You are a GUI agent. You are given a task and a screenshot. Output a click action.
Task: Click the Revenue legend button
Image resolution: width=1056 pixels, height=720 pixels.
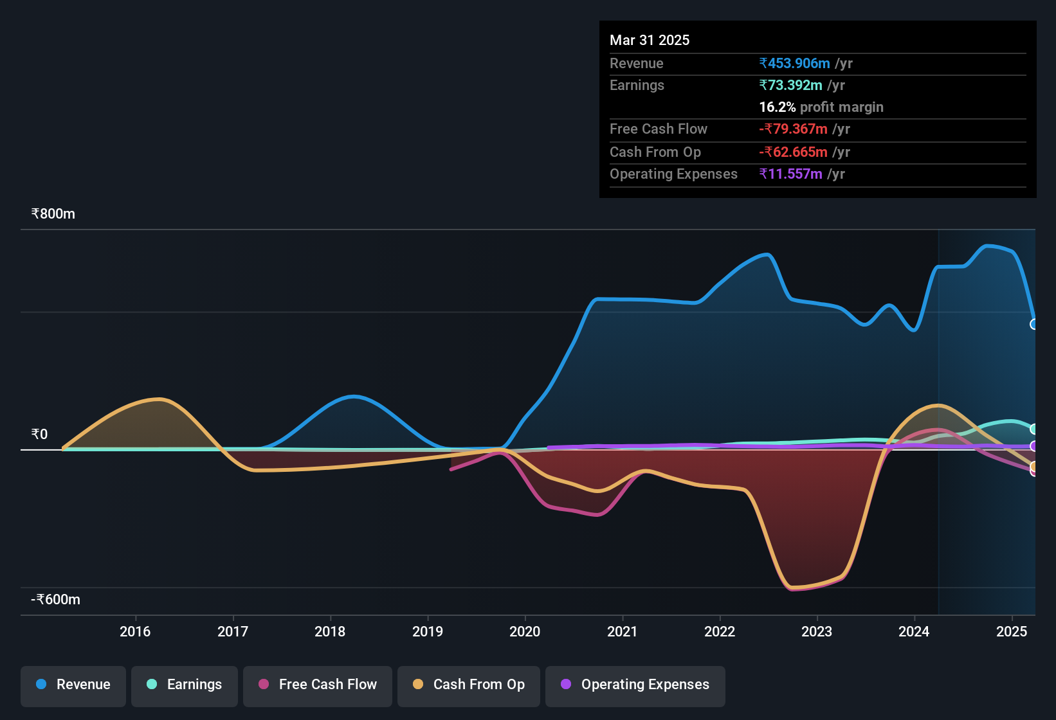(x=73, y=685)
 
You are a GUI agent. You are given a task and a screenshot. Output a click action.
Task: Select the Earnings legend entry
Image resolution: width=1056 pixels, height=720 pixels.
(x=185, y=685)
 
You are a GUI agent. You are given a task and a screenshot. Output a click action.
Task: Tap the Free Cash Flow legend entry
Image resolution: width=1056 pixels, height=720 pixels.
(x=318, y=685)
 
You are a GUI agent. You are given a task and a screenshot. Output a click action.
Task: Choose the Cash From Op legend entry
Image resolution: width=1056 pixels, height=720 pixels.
(x=469, y=685)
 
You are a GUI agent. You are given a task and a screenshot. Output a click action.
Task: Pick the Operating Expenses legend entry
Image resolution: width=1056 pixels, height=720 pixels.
(x=635, y=685)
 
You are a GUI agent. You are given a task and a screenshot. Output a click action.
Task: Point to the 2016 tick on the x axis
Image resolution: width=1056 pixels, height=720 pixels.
(x=135, y=632)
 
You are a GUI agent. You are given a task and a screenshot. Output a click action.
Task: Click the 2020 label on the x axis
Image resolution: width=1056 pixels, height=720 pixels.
(x=525, y=632)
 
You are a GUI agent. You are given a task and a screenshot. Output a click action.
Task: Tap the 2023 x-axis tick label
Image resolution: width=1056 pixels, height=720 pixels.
(x=817, y=632)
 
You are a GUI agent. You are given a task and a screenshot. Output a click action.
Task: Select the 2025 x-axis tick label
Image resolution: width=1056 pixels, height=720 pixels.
(x=1012, y=632)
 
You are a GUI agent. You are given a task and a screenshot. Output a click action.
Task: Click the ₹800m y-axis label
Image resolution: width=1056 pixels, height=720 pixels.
(x=53, y=214)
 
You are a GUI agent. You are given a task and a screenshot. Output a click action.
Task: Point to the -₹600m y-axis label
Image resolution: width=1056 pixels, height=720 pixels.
(x=56, y=600)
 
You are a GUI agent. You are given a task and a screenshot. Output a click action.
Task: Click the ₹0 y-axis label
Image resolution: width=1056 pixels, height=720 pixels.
(x=40, y=435)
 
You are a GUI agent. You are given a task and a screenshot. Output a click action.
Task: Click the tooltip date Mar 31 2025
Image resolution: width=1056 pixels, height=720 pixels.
(x=650, y=40)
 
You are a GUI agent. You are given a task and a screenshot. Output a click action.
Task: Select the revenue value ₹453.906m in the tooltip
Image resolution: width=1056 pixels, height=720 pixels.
(x=795, y=64)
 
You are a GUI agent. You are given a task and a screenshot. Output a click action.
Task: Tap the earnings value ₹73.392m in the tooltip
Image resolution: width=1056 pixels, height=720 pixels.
(x=791, y=85)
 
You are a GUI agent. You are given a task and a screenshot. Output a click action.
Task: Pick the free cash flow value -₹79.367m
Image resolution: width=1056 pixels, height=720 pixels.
(x=794, y=129)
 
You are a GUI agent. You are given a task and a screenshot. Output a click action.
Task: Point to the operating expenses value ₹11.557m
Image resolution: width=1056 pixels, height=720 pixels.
(x=791, y=174)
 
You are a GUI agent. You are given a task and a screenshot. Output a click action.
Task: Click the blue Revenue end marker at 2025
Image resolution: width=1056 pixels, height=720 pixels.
(x=1034, y=324)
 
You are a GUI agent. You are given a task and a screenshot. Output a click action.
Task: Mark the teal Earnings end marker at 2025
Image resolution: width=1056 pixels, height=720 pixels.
(x=1034, y=429)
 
